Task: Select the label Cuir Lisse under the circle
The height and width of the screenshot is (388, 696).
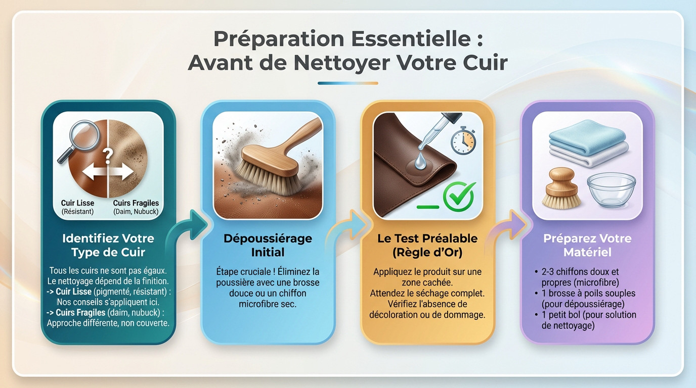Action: point(78,203)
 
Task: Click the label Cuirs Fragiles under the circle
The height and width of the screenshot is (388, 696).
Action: point(136,203)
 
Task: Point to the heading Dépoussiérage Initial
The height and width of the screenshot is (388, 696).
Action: point(268,245)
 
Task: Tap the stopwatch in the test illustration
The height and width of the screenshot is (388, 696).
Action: point(463,141)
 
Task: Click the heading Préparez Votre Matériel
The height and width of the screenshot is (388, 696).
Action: point(587,245)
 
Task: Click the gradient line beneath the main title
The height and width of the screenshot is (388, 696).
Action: point(347,83)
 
